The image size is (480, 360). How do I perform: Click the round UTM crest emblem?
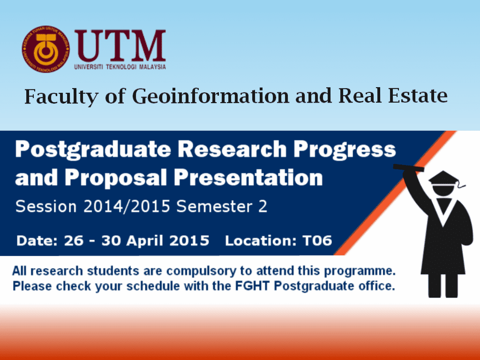pyautogui.click(x=45, y=49)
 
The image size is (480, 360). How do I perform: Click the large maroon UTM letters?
pyautogui.click(x=120, y=46)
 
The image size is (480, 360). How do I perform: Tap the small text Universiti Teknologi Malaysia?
pyautogui.click(x=120, y=67)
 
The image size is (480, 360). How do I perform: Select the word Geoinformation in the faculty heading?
pyautogui.click(x=210, y=96)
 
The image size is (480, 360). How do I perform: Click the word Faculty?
pyautogui.click(x=61, y=97)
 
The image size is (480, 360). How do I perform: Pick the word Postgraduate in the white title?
pyautogui.click(x=93, y=150)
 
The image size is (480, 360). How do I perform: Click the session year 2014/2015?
pyautogui.click(x=127, y=206)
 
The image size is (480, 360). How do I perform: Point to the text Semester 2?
pyautogui.click(x=222, y=206)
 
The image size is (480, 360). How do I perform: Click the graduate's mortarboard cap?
pyautogui.click(x=444, y=178)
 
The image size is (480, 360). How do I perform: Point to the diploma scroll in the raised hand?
pyautogui.click(x=409, y=167)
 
